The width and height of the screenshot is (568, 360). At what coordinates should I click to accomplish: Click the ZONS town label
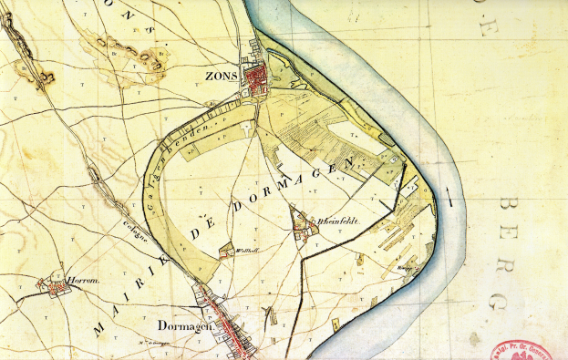(x=222, y=76)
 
